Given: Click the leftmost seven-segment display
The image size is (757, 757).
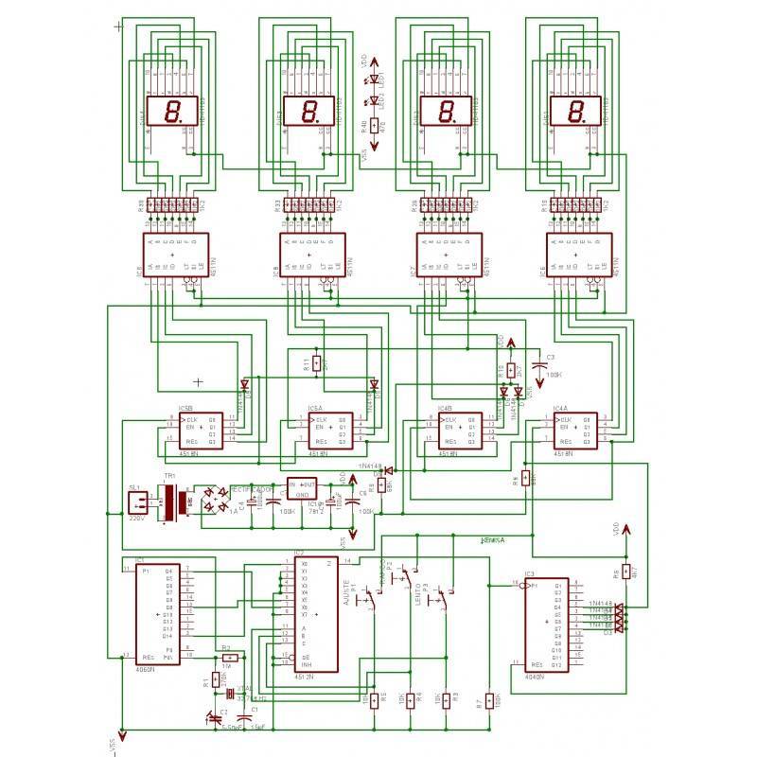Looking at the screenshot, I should click(171, 112).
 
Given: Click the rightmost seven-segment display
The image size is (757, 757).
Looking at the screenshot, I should click(575, 112).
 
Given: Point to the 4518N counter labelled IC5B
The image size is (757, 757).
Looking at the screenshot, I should click(200, 428).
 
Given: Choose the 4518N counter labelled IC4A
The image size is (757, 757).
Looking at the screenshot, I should click(575, 430).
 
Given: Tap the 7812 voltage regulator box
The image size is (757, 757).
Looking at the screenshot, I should click(302, 489).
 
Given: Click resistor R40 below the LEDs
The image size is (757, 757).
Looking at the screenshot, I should click(373, 126).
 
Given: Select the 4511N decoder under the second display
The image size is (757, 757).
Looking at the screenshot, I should click(308, 255).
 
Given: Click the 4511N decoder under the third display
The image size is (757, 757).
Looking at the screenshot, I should click(445, 255).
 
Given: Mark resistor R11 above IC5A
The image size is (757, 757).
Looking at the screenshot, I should click(318, 363).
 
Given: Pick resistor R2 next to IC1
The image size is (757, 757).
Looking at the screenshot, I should click(228, 656).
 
